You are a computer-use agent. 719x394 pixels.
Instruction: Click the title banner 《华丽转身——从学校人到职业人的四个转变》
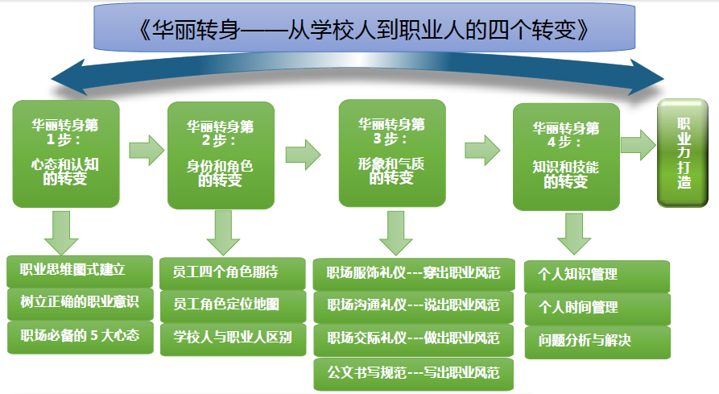point(364,27)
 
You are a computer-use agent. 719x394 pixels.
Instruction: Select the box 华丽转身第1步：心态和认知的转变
point(66,154)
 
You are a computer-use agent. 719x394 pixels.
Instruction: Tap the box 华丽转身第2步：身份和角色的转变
point(221,156)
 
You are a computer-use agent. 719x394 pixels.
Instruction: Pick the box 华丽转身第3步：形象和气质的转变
point(392,153)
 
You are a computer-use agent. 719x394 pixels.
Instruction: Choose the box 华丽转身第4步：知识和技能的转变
point(566,157)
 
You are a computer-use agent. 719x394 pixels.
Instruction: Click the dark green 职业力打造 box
point(683,153)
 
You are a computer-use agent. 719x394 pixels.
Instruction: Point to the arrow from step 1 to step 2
point(147,150)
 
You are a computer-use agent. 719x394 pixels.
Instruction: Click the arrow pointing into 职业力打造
point(638,145)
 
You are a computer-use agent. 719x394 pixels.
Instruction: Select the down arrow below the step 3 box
point(395,234)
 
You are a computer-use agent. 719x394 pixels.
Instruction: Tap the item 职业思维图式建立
point(80,271)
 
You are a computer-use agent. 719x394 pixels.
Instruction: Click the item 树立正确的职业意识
point(81,304)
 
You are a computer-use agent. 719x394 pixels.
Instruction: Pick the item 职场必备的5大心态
point(81,337)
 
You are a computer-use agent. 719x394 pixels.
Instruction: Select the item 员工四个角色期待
point(233,273)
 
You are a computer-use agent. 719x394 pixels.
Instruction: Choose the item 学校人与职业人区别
point(233,339)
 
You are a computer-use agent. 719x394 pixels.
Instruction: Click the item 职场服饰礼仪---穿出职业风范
point(414,274)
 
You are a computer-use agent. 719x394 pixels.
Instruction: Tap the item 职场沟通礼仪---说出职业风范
point(414,307)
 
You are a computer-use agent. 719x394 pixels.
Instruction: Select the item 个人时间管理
point(597,309)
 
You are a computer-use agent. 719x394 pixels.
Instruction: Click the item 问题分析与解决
point(598,342)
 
